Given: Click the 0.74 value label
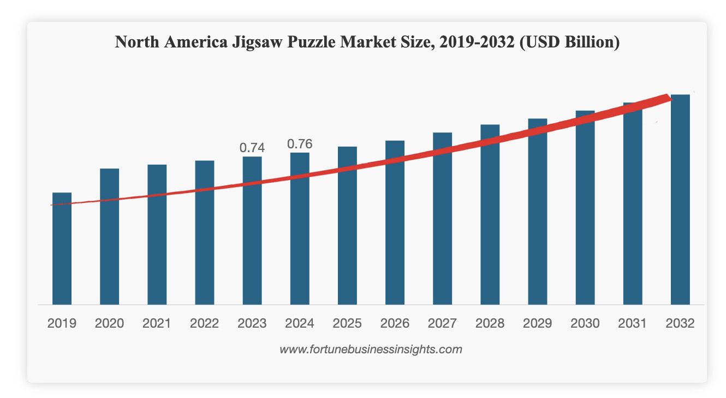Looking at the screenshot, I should (x=252, y=147).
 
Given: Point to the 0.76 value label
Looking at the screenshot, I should (x=300, y=144).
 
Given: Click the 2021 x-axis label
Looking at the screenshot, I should (x=157, y=323).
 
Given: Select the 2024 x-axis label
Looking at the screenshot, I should (x=300, y=323).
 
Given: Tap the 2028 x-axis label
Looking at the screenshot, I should (x=490, y=323).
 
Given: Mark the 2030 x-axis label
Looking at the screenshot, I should (x=585, y=323).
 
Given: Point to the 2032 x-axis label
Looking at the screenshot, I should (x=680, y=323).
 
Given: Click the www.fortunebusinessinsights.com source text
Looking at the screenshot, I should (x=371, y=349).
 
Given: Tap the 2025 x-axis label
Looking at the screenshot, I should (x=347, y=323).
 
